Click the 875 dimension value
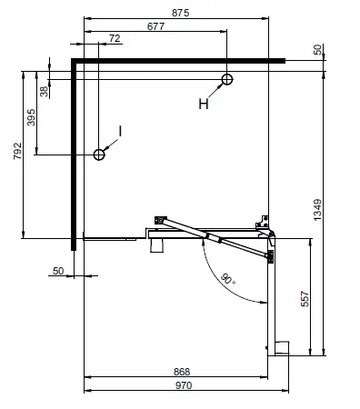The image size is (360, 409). click(x=181, y=12)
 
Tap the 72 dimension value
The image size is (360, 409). click(x=114, y=38)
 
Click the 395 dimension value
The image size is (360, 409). click(x=31, y=119)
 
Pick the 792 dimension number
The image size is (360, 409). click(x=16, y=150)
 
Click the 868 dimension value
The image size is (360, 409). click(x=180, y=372)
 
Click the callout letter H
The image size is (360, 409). click(x=205, y=104)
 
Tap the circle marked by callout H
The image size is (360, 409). click(x=226, y=80)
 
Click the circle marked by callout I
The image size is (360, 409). click(x=99, y=155)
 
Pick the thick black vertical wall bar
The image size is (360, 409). click(x=72, y=155)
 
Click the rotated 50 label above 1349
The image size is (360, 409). click(x=316, y=50)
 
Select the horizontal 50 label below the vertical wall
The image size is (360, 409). click(x=58, y=271)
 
